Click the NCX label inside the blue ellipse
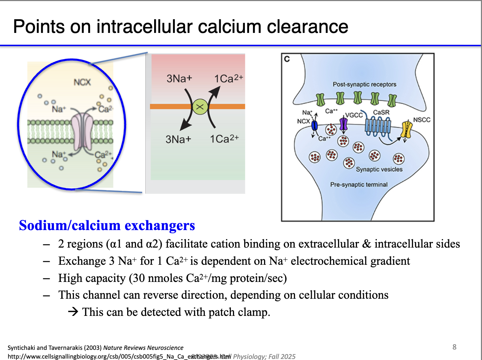click(82, 82)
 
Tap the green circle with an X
click(200, 107)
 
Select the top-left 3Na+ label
click(179, 78)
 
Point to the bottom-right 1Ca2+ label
click(224, 139)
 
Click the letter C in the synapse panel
click(287, 59)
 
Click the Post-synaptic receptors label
click(364, 84)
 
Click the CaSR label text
click(381, 112)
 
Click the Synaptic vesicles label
click(379, 169)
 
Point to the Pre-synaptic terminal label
click(359, 185)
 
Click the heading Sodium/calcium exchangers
click(107, 226)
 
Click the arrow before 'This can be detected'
click(73, 311)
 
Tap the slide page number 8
click(454, 347)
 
